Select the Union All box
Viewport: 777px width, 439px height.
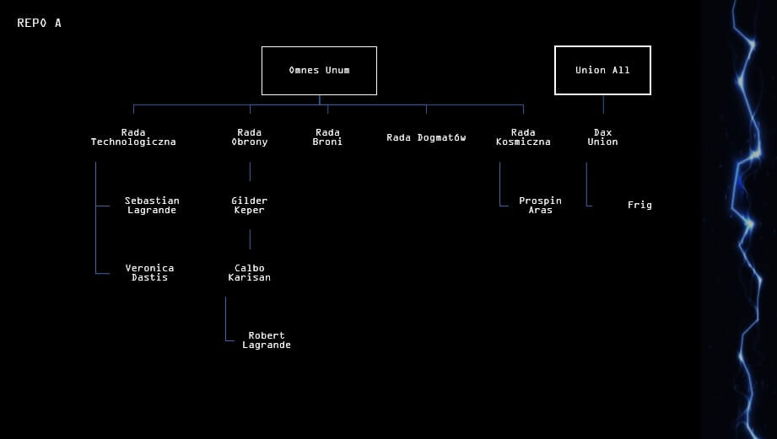point(602,70)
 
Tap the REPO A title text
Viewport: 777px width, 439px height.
point(39,23)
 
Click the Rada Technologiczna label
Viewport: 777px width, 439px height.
point(133,137)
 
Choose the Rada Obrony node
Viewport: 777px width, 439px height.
point(250,137)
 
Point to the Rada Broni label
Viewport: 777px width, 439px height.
point(327,137)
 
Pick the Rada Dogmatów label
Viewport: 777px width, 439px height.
point(426,137)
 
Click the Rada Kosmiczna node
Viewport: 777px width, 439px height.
point(523,137)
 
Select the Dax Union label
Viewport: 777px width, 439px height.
point(602,137)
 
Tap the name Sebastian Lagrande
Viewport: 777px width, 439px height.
point(152,206)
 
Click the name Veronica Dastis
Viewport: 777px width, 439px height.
point(149,273)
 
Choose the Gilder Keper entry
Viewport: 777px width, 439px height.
point(250,206)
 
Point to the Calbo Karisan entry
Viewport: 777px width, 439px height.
point(250,273)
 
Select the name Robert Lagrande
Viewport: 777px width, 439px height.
point(267,340)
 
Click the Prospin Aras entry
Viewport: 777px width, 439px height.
point(541,206)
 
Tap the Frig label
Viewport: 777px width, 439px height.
point(639,205)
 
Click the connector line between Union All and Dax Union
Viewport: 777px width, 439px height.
point(603,104)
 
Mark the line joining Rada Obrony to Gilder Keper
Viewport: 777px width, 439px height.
point(250,172)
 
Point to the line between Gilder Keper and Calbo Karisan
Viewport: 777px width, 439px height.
point(250,239)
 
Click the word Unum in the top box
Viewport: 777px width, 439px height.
point(337,70)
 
